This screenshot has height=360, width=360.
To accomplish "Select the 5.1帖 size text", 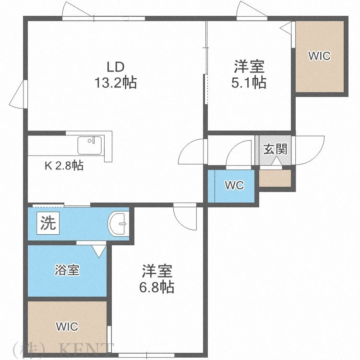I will (x=249, y=83).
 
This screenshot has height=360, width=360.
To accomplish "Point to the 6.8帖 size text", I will (x=157, y=287).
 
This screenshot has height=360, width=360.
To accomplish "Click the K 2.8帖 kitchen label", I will (x=64, y=166).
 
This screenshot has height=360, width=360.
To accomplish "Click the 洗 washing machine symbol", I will (x=48, y=223).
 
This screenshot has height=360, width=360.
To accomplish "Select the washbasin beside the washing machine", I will (x=118, y=223).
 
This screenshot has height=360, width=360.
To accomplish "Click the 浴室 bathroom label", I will (x=67, y=270).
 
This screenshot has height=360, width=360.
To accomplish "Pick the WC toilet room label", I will (x=234, y=185).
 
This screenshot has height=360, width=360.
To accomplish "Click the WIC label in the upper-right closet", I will (x=319, y=56).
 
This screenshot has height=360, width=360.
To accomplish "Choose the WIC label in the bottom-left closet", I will (x=67, y=327).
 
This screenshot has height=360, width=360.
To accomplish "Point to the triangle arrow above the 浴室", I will (x=99, y=250).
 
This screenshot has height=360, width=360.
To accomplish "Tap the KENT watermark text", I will (x=86, y=349).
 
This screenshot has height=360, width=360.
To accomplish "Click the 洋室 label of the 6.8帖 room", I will (x=157, y=271).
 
